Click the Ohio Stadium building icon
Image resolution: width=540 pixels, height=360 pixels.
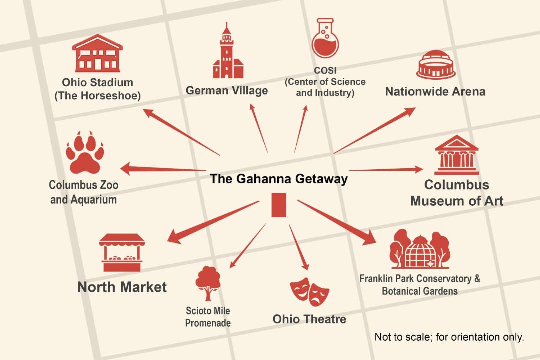click(97, 53)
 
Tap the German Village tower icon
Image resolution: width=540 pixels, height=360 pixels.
click(228, 50)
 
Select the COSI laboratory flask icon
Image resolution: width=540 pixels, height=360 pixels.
click(325, 38)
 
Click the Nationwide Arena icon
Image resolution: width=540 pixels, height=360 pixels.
click(436, 65)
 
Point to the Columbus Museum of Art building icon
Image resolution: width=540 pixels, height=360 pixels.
click(456, 155)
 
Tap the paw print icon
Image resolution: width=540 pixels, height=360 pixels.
click(85, 152)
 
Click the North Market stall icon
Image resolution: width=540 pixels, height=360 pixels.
click(122, 253)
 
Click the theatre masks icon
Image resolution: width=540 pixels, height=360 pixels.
click(309, 292)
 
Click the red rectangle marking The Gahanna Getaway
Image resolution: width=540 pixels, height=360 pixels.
click(279, 205)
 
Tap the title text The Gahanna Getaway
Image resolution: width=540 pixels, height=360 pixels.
click(279, 179)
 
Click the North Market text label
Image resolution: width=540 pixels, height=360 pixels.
click(122, 287)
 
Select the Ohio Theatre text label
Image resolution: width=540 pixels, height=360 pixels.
click(309, 319)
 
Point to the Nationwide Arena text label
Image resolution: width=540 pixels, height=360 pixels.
click(435, 91)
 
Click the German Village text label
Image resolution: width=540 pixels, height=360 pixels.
click(227, 90)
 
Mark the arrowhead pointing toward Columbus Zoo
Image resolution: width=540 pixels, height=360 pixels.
click(126, 169)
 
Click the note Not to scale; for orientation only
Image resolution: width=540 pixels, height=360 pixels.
click(449, 337)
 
